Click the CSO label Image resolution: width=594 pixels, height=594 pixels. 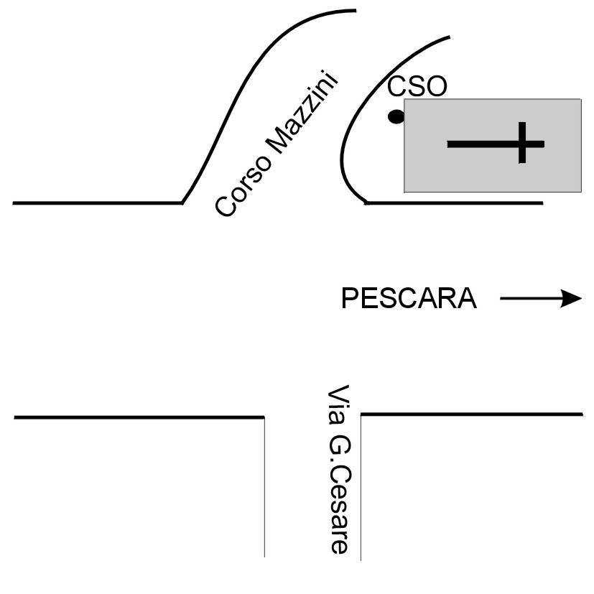coord(417,87)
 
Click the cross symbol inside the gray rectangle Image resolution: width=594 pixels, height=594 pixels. coord(496,144)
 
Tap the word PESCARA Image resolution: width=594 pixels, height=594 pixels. coord(409,298)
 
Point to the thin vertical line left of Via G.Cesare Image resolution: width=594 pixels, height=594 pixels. coord(264,488)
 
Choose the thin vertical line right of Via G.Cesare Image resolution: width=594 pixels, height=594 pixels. coord(360,488)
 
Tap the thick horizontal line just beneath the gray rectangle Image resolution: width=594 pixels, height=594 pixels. coord(453,203)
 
